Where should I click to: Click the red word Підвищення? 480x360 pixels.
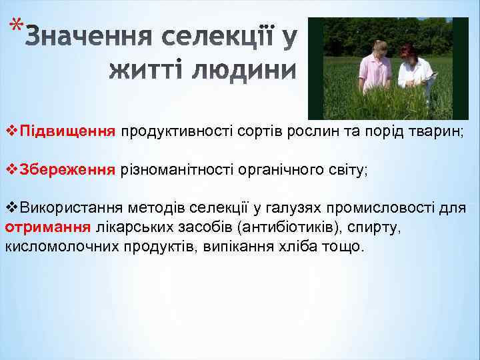coord(68,128)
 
